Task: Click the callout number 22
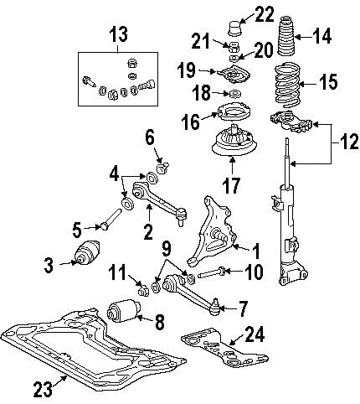(x=265, y=13)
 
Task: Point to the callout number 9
(x=167, y=248)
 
